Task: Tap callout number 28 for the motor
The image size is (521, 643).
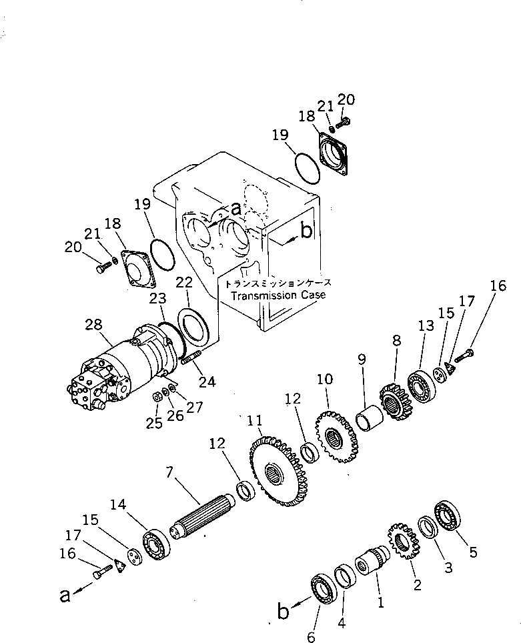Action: pyautogui.click(x=94, y=325)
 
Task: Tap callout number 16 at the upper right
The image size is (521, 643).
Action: pyautogui.click(x=497, y=287)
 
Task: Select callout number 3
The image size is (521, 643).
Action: pyautogui.click(x=448, y=568)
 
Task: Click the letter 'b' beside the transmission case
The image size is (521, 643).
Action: pyautogui.click(x=306, y=231)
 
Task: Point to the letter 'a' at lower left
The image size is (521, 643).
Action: pyautogui.click(x=65, y=594)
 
